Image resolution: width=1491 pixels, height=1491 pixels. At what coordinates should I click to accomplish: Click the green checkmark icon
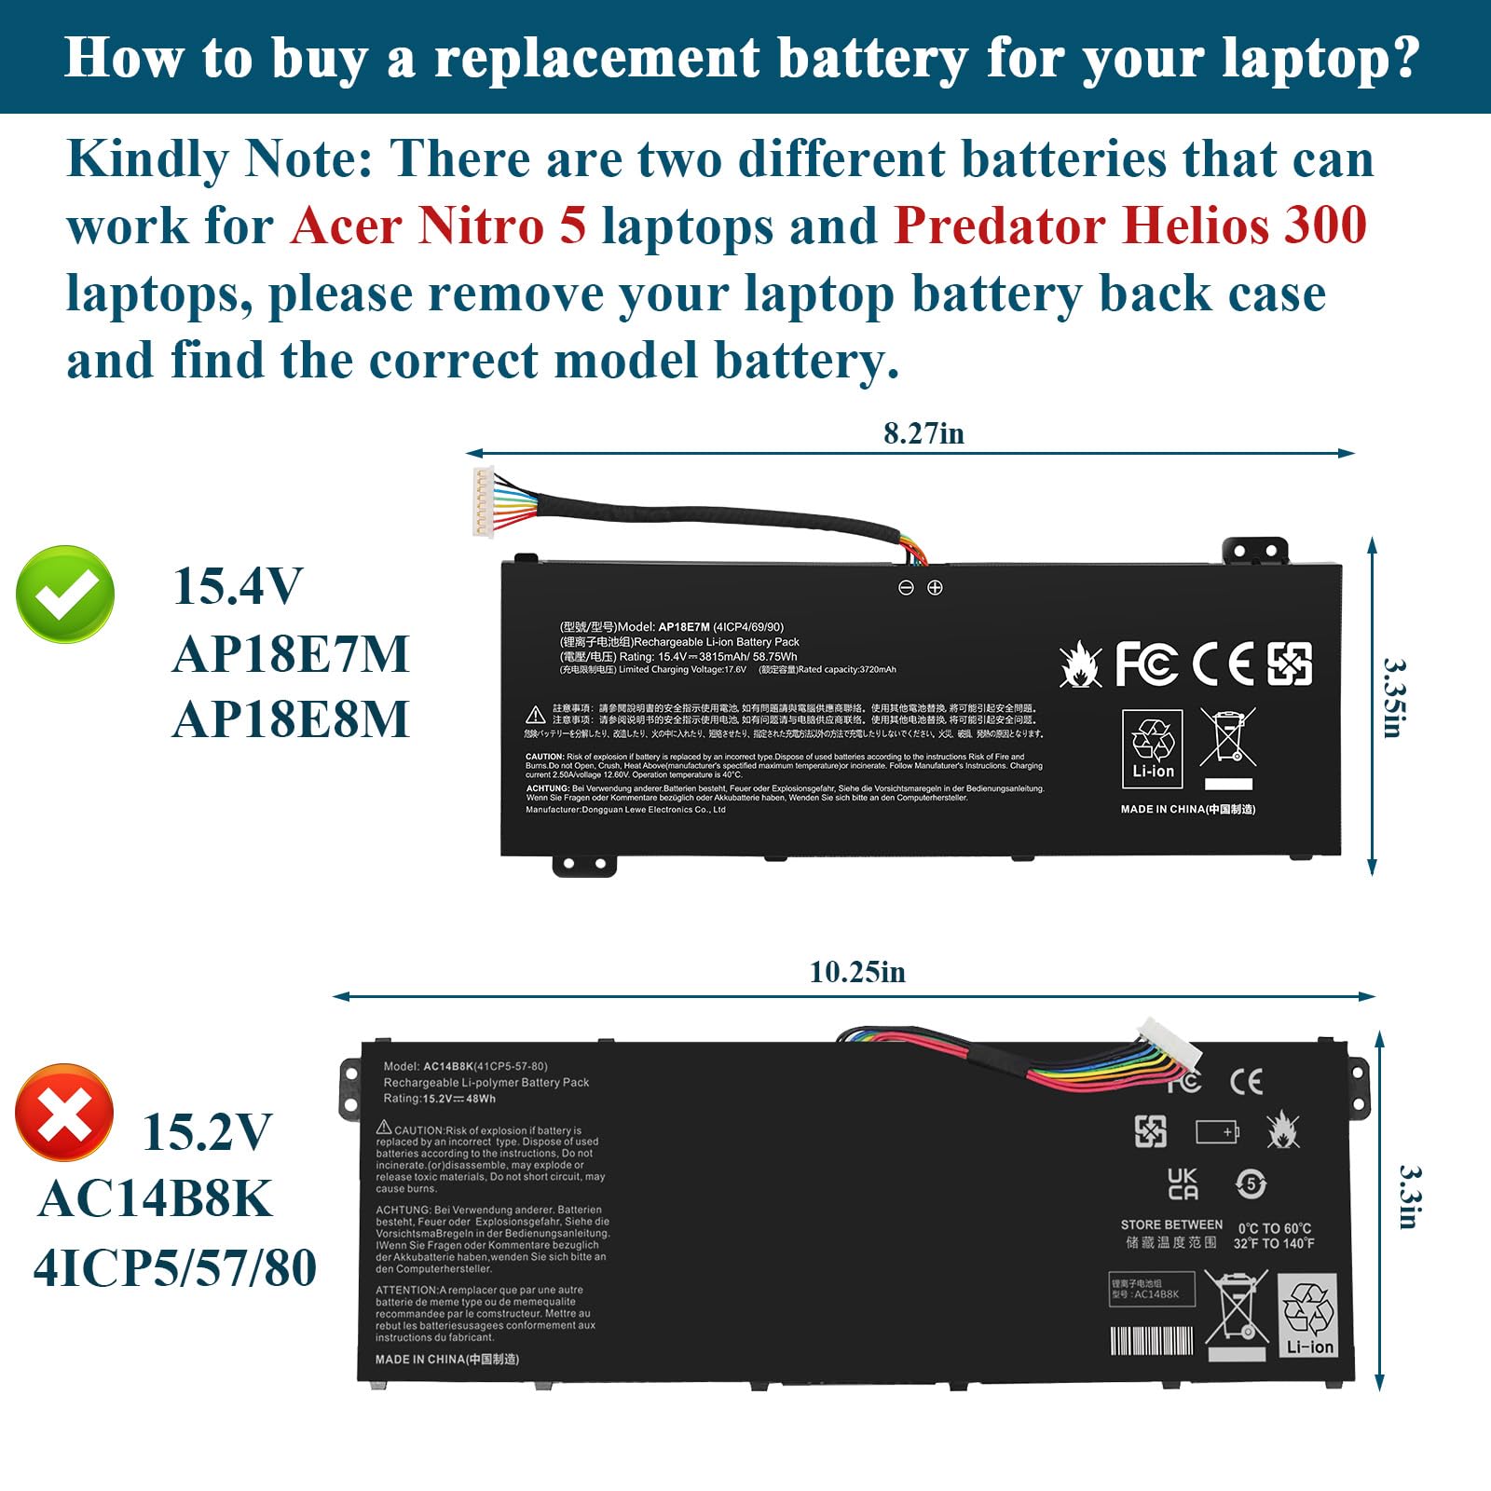[65, 594]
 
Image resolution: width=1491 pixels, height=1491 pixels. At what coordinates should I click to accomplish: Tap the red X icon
[64, 1113]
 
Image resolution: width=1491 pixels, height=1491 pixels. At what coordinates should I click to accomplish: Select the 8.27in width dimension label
[923, 433]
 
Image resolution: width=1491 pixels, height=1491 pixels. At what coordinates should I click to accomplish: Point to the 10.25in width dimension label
[857, 972]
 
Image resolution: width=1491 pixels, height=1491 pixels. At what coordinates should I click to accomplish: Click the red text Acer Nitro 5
[438, 226]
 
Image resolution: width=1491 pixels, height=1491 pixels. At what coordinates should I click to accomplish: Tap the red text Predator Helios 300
[1130, 226]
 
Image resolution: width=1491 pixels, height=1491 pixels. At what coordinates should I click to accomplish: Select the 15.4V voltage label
[238, 586]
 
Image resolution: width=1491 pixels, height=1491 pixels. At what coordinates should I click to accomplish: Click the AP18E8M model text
[291, 719]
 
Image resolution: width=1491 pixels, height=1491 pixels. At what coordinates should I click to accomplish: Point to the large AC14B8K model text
[155, 1198]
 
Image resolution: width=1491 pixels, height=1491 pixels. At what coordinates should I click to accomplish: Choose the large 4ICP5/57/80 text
[175, 1267]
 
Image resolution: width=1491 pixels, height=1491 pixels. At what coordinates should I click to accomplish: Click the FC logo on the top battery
[1145, 663]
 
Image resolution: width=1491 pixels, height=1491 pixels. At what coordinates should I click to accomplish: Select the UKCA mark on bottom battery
[1183, 1184]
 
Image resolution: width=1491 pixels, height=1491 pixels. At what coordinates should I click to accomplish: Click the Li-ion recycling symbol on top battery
[1153, 748]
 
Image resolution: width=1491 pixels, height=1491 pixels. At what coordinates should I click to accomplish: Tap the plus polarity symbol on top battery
[935, 588]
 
